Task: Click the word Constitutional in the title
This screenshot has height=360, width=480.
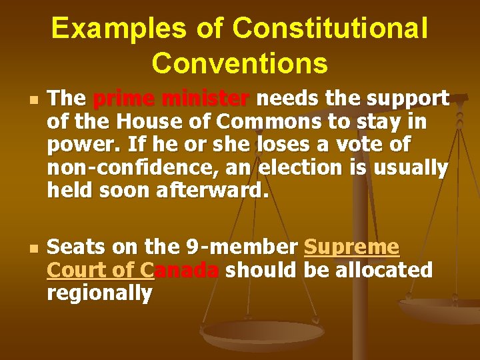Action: [332, 29]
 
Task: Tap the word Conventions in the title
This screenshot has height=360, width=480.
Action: [240, 63]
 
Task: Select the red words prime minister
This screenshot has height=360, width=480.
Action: [171, 99]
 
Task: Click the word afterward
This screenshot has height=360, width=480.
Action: [213, 191]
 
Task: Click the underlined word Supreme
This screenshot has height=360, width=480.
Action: [351, 247]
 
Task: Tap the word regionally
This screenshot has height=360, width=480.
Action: [100, 293]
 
